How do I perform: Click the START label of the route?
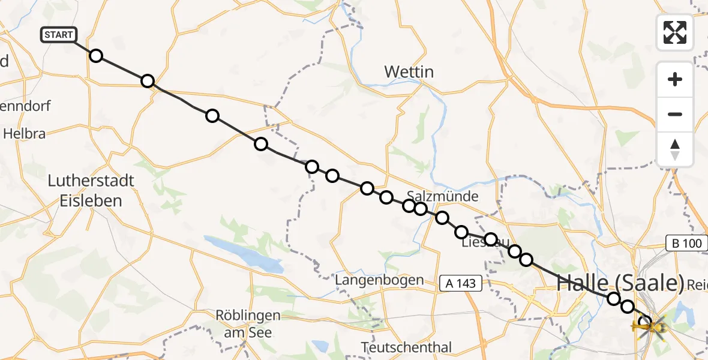[58, 35]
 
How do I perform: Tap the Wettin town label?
[409, 72]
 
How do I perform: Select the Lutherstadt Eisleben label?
[91, 191]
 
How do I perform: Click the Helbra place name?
[24, 134]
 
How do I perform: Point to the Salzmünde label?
[442, 196]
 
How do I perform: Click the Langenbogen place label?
[379, 280]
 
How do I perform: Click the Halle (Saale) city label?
[620, 282]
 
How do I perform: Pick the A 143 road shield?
[460, 283]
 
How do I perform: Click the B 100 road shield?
[683, 243]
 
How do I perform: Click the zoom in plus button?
[675, 79]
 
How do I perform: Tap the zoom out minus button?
[675, 114]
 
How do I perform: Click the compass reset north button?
[675, 149]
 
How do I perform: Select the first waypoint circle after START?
[96, 56]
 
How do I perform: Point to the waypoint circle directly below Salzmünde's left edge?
[409, 206]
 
